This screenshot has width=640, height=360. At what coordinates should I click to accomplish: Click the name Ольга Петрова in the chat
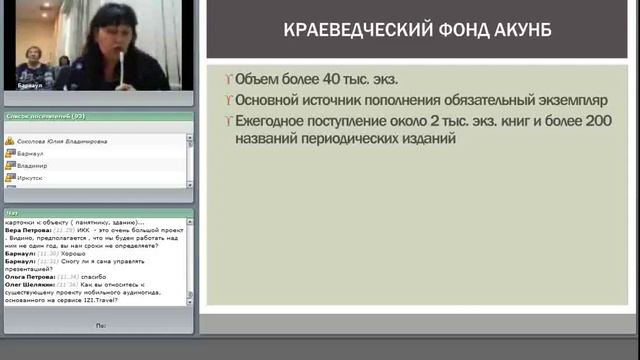pos(29,275)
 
